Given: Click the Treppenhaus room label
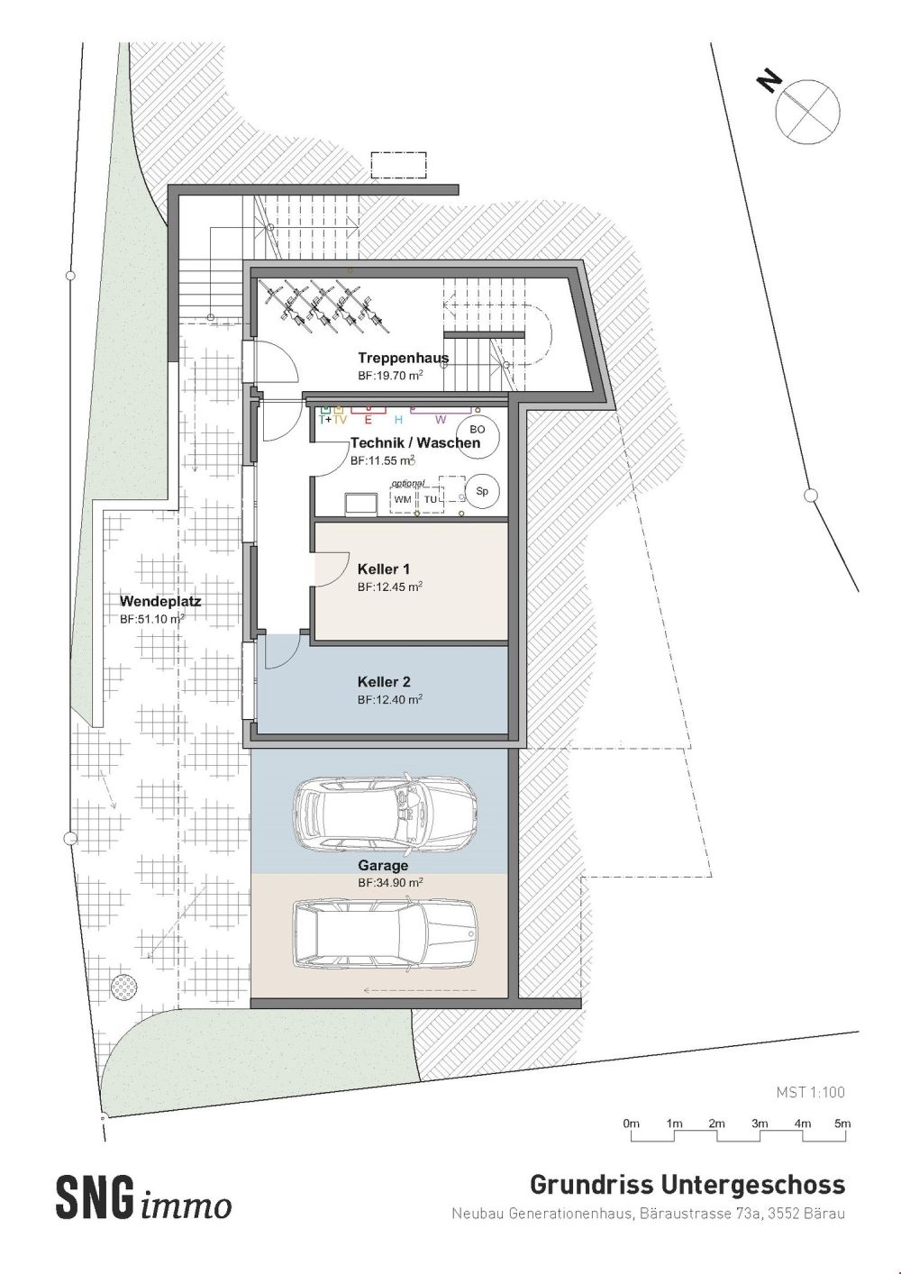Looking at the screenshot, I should (x=403, y=358).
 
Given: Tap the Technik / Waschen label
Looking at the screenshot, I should (x=414, y=443).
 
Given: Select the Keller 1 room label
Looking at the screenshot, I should (x=384, y=569).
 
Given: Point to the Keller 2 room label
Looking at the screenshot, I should (x=384, y=682).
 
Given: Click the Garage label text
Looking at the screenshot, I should (x=383, y=866).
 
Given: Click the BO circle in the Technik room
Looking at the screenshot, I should (x=477, y=431).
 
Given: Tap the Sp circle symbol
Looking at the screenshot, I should (x=482, y=492).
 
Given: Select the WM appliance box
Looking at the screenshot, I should (x=403, y=499).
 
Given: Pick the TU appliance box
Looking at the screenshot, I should (x=431, y=499).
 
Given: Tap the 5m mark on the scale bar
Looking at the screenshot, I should (x=842, y=1124).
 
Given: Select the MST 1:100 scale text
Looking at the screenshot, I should (x=810, y=1092).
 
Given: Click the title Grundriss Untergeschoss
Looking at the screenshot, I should (x=687, y=1183).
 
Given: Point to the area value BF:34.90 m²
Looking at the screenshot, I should (x=390, y=883).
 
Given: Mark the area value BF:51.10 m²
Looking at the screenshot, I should (x=152, y=619).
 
